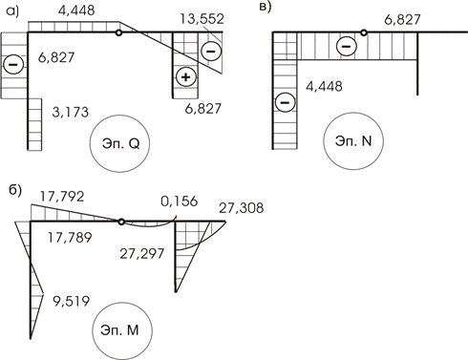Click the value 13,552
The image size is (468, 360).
202,19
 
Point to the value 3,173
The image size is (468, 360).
70,112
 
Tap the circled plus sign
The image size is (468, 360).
186,77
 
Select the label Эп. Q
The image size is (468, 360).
121,144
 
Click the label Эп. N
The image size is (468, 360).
353,141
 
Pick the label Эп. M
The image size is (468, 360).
119,330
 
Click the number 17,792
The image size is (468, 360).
62,197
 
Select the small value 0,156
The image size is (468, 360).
179,201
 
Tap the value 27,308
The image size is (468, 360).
242,208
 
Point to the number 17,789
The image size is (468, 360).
70,238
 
